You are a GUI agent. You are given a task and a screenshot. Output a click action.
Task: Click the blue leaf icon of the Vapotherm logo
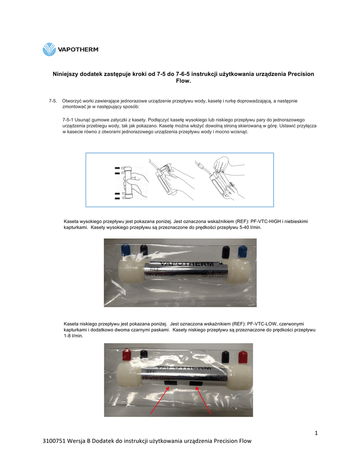tap(49, 49)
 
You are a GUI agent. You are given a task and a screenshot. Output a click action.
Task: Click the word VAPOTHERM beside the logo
tap(78, 50)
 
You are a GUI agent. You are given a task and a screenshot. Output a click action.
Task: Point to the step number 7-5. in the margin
tap(53, 101)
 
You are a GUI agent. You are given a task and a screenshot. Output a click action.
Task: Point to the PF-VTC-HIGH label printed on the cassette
tap(160, 275)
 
